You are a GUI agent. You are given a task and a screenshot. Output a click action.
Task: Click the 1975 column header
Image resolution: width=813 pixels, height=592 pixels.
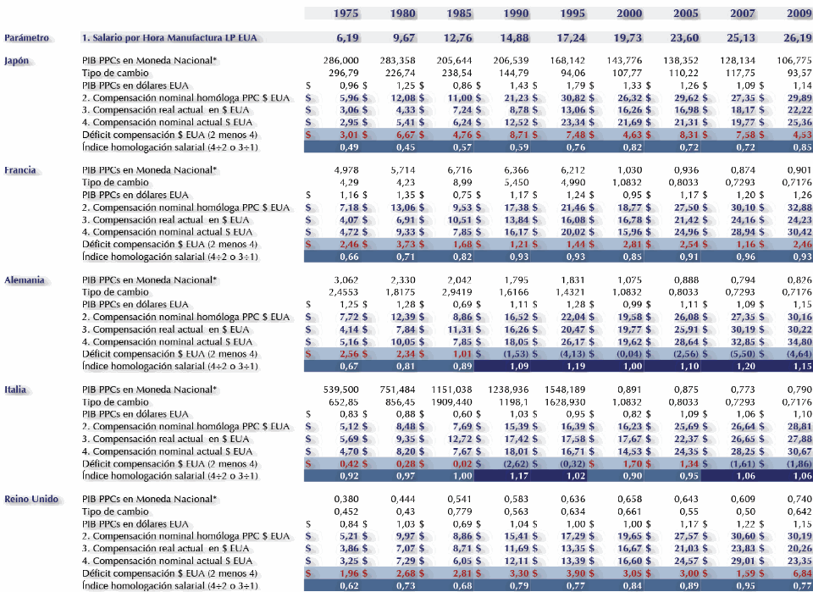pyautogui.click(x=346, y=13)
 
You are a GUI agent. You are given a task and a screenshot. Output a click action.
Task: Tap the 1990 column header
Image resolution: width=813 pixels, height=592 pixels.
pyautogui.click(x=515, y=13)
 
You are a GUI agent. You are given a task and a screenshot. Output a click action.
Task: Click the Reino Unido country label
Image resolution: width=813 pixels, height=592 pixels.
pyautogui.click(x=31, y=499)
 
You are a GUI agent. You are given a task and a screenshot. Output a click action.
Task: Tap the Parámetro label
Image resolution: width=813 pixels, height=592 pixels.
pyautogui.click(x=27, y=38)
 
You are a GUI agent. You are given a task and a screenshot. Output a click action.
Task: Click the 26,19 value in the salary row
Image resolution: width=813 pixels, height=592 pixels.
pyautogui.click(x=797, y=38)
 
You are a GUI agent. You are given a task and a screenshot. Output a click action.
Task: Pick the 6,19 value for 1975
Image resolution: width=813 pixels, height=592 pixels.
pyautogui.click(x=348, y=38)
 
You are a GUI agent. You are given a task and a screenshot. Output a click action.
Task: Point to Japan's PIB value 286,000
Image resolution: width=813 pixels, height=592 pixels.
pyautogui.click(x=341, y=61)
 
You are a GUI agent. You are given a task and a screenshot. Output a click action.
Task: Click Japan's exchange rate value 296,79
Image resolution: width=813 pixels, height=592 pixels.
pyautogui.click(x=343, y=73)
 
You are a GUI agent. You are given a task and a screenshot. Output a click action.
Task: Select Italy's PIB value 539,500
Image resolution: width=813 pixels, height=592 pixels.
pyautogui.click(x=341, y=390)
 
